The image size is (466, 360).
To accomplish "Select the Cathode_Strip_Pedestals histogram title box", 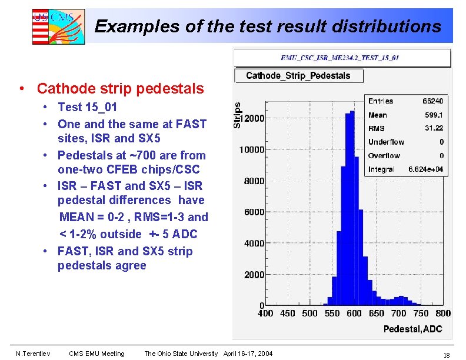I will (x=298, y=75).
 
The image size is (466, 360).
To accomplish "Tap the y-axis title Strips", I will (x=237, y=115).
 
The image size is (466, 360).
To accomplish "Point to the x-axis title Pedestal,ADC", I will (x=412, y=328).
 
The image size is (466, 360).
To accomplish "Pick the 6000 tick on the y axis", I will (x=254, y=212).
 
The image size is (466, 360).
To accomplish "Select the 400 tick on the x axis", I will (x=265, y=314).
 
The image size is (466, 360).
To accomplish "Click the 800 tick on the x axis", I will (x=443, y=314).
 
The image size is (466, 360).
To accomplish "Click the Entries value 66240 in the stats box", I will (x=432, y=101).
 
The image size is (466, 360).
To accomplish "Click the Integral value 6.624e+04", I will (x=426, y=169).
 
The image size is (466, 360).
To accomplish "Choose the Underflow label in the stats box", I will (x=386, y=142).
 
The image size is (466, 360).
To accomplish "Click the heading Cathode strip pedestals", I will (x=120, y=89).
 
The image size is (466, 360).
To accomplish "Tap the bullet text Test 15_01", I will (x=87, y=107).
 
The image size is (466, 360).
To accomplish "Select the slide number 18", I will (x=446, y=355).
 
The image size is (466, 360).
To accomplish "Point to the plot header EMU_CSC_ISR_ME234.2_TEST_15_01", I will (x=339, y=58).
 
